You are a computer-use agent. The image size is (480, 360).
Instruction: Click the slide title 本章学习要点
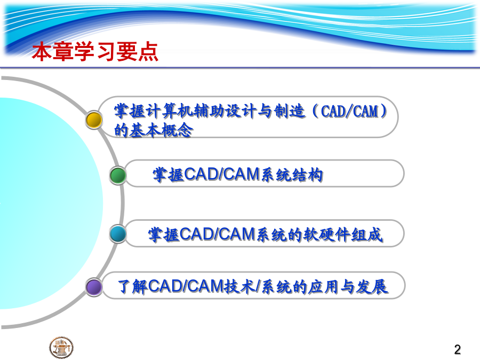95,51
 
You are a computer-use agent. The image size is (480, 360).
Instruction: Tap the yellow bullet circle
94,119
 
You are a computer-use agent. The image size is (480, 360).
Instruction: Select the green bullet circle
118,175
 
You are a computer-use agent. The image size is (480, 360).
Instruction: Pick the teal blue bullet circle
118,234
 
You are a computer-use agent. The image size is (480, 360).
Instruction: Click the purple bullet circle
94,287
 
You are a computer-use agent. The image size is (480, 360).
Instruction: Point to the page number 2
458,349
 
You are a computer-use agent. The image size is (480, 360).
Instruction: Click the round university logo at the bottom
61,347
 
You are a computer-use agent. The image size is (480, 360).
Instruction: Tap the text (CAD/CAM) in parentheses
349,111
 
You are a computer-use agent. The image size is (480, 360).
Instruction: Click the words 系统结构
292,175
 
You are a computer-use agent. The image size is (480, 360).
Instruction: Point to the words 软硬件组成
343,235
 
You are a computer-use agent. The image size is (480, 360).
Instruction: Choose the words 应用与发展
348,287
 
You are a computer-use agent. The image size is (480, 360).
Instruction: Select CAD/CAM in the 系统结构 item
222,174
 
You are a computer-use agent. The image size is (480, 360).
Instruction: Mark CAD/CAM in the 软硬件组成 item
218,235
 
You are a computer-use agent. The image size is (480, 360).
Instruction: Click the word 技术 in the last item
239,287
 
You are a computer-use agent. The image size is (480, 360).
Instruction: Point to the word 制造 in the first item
290,111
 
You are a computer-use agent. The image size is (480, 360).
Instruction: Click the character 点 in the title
148,52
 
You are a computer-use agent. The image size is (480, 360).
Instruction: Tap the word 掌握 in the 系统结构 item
168,175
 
